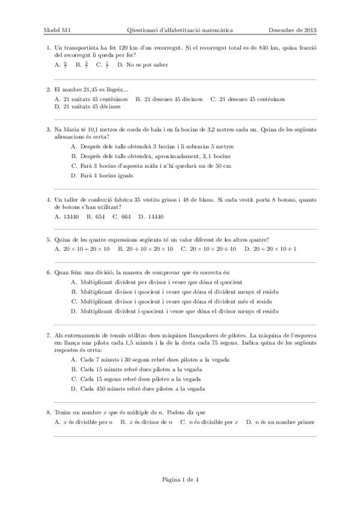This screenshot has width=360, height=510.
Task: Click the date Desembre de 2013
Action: click(292, 29)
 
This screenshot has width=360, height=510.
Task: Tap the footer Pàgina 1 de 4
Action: click(180, 479)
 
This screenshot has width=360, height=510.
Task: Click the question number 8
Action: click(48, 413)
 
